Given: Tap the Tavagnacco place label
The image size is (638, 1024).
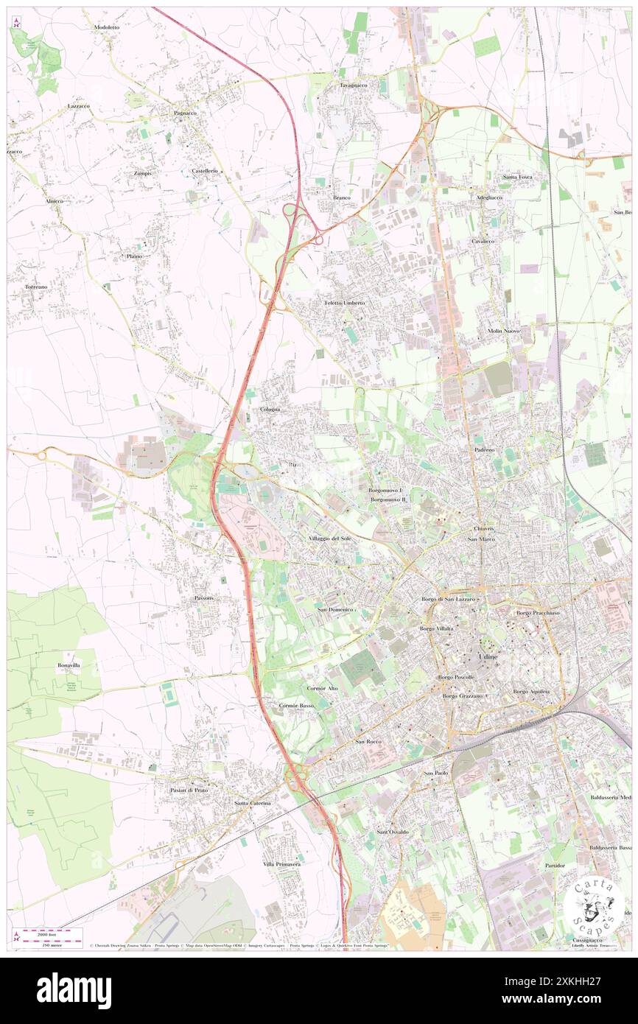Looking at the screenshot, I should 353,85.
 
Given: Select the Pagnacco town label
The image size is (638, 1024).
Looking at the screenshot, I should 185,113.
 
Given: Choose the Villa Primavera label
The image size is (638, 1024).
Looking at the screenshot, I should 281,863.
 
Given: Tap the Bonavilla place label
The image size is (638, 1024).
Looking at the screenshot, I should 69,664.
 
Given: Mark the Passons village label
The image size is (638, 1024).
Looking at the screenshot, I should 204,597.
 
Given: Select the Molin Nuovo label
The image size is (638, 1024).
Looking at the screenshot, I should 504,331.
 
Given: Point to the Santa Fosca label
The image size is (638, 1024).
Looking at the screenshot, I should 517,177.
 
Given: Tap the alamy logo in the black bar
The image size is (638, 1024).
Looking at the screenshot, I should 74,991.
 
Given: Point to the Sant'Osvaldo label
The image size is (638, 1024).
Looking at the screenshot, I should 393,832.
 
